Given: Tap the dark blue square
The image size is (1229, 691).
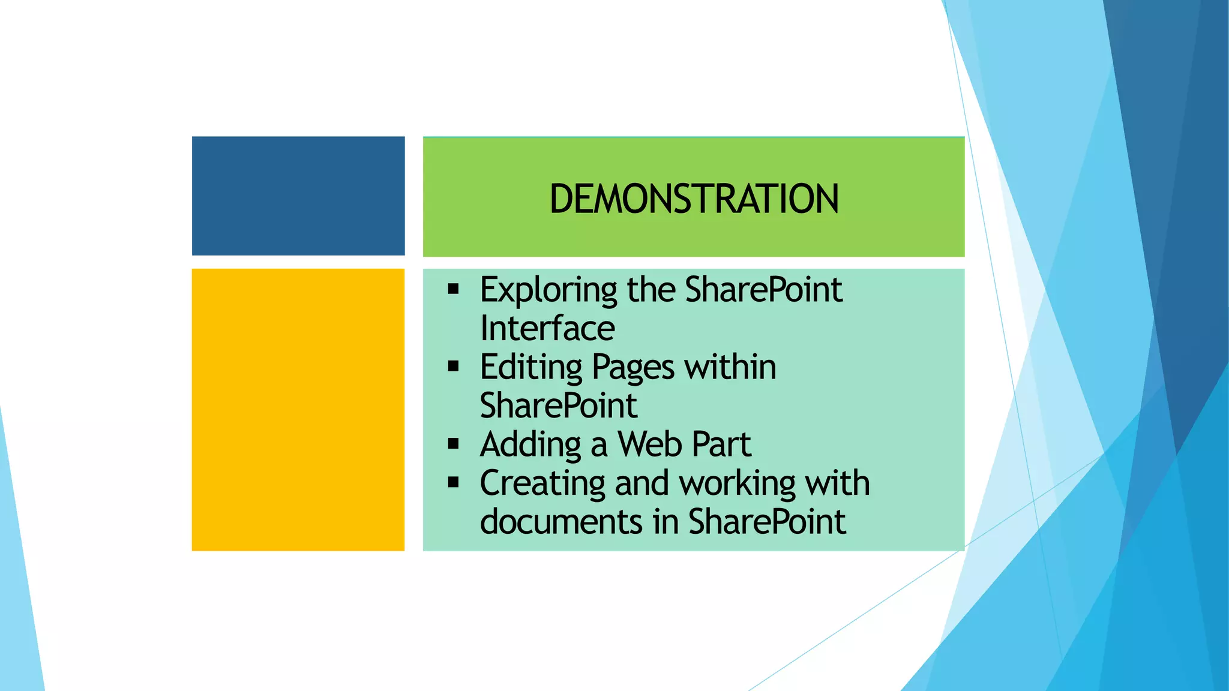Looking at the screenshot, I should (298, 196).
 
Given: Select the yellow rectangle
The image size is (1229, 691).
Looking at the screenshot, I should (298, 410).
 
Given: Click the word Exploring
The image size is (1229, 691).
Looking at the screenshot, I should (548, 290).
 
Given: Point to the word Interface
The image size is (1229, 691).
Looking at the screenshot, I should (547, 329).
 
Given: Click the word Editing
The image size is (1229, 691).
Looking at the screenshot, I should (531, 367).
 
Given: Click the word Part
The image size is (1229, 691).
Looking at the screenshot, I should (721, 444).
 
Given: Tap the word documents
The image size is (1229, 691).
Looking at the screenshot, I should (562, 521).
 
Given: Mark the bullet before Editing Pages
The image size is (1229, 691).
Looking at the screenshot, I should (453, 366).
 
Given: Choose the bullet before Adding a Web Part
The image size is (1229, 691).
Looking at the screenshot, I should (453, 444).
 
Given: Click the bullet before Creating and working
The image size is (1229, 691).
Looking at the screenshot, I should (453, 482).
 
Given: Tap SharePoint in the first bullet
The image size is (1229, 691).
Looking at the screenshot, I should (763, 290).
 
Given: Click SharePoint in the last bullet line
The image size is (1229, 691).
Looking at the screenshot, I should (766, 521).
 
